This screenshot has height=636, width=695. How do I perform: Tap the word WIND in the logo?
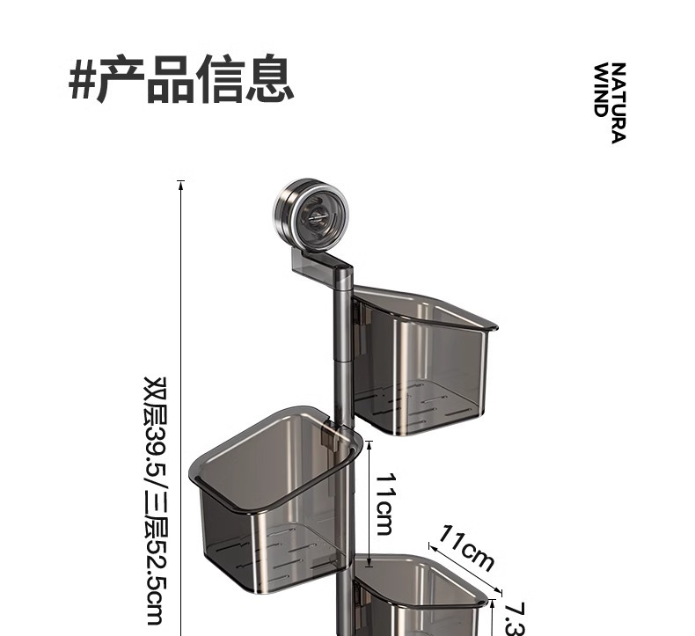[601, 89]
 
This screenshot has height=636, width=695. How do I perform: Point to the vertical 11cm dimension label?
[385, 503]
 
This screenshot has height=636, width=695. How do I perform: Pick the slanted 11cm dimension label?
[466, 547]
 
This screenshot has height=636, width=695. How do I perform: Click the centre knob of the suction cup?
[311, 214]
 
